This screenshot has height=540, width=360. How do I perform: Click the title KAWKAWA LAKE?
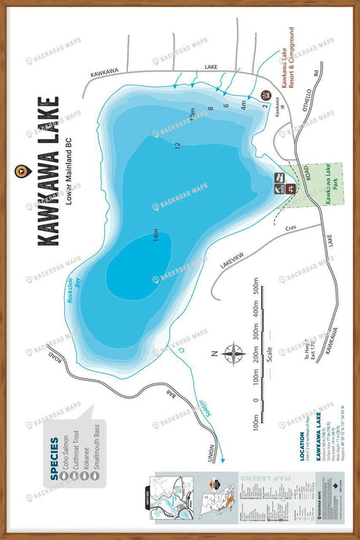click(x=48, y=171)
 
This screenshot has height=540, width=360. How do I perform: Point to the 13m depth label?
click(x=192, y=116)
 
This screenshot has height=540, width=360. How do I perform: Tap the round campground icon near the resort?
click(x=264, y=95)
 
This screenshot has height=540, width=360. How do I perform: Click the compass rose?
click(x=232, y=354)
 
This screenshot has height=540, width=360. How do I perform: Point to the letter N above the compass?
click(x=214, y=354)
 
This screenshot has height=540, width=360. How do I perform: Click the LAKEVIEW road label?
click(x=232, y=255)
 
